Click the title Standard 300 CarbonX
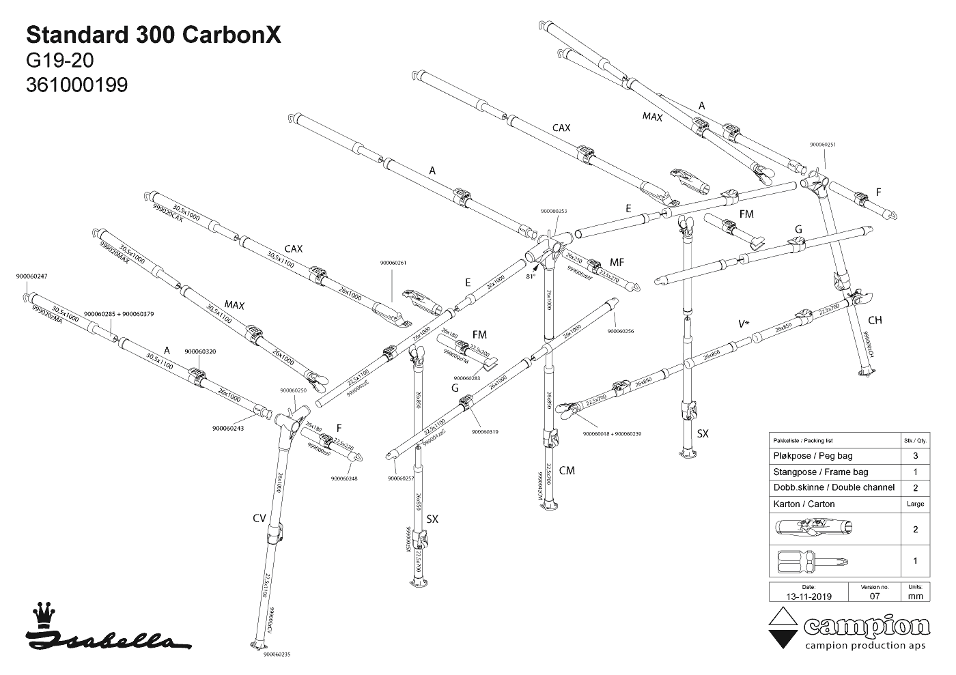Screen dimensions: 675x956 [153, 35]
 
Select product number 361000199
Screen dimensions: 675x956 [76, 84]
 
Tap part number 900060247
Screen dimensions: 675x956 [31, 276]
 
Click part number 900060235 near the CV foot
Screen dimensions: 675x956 [277, 654]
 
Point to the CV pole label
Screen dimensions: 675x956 [259, 519]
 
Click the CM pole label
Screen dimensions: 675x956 [567, 470]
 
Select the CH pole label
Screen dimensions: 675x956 [875, 320]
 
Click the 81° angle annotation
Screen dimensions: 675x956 [531, 277]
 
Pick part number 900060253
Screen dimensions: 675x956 [553, 212]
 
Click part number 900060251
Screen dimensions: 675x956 [823, 145]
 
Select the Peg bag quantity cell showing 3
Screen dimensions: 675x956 [915, 456]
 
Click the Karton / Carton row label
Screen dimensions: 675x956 [804, 504]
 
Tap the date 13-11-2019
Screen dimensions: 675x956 [808, 596]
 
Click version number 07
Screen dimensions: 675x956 [875, 596]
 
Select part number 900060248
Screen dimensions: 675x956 [344, 478]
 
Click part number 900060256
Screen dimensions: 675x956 [620, 332]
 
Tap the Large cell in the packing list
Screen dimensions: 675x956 [915, 504]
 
